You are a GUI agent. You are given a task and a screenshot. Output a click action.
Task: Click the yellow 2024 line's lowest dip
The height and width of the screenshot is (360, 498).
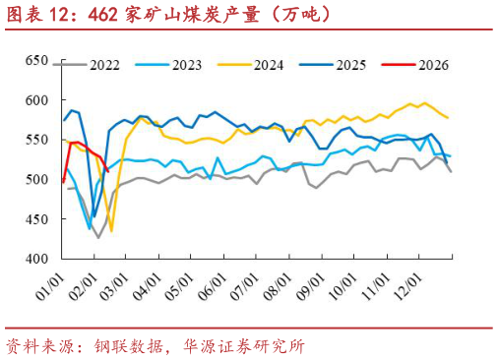pos(111,230)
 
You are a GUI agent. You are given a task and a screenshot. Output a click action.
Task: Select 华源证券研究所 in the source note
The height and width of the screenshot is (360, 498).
pos(243,345)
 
